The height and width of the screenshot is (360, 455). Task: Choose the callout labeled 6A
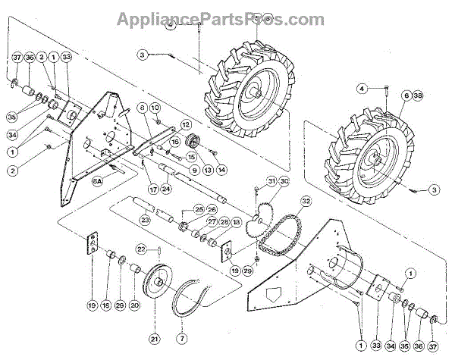tap(98, 183)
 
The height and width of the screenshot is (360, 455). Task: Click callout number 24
tap(165, 189)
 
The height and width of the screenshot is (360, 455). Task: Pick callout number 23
tap(145, 220)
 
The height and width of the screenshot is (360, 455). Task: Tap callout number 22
tap(141, 249)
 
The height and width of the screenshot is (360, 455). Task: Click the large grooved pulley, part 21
tap(161, 283)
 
